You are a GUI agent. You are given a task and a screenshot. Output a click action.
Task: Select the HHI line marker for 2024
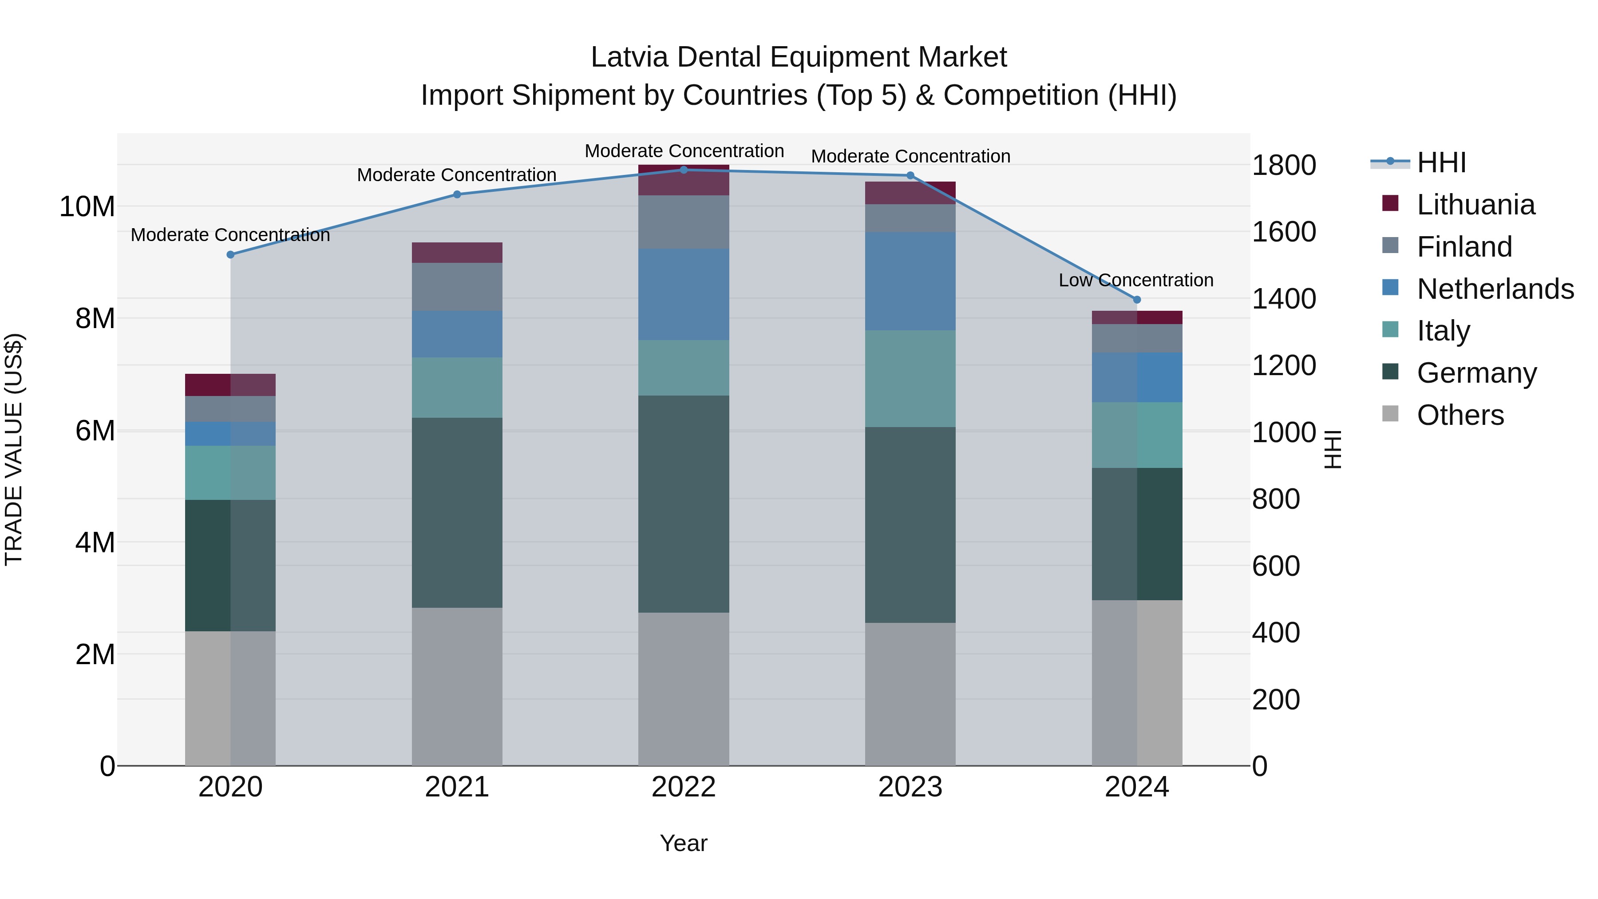1136,300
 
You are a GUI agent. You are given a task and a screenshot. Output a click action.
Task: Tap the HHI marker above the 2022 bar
684,170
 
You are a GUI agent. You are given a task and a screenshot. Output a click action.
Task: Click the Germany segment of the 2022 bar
684,504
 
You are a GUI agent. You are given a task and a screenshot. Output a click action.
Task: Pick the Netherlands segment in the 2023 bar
910,281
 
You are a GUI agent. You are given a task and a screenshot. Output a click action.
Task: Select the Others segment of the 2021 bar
457,686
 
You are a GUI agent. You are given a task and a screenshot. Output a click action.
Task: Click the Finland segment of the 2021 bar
457,287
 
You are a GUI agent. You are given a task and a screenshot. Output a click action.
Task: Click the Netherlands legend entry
1495,289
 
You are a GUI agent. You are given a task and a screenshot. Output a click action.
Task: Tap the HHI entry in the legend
1441,162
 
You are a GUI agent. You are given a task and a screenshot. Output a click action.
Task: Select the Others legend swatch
1390,414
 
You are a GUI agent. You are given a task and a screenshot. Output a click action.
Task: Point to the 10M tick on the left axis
87,206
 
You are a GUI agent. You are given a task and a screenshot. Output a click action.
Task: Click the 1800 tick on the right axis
1283,165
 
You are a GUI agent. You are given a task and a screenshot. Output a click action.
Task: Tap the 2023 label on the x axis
910,787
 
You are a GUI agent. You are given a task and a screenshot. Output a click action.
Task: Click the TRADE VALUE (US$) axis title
14,449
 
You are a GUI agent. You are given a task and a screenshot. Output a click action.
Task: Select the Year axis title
684,843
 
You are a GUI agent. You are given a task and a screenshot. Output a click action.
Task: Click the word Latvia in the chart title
629,57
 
